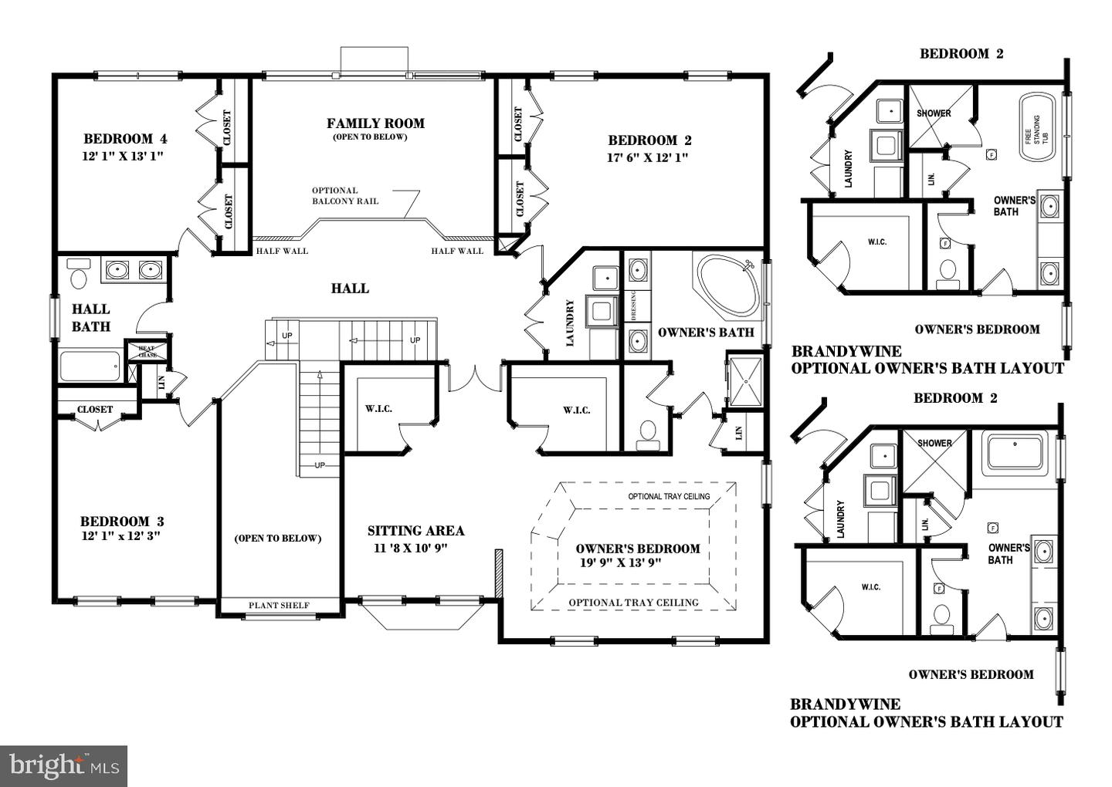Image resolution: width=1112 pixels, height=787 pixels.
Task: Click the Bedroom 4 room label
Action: tap(125, 139)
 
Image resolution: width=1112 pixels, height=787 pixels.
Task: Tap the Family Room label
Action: tap(375, 123)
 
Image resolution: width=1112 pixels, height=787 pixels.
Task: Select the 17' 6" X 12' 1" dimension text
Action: tap(647, 157)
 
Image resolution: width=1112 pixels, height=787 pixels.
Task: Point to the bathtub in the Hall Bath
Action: tap(90, 366)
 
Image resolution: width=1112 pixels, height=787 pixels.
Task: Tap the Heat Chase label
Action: tap(147, 352)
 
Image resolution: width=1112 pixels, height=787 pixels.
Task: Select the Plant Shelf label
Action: tap(279, 606)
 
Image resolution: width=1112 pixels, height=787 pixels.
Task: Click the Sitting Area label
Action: tap(415, 531)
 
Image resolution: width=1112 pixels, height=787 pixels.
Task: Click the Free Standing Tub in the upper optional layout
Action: tap(1038, 128)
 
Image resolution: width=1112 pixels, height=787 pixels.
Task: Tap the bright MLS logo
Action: tap(63, 765)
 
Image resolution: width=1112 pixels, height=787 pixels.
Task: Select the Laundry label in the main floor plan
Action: tap(570, 323)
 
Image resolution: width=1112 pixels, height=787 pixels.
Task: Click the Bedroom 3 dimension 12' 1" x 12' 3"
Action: tap(120, 535)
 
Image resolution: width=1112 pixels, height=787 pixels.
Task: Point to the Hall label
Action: tap(350, 288)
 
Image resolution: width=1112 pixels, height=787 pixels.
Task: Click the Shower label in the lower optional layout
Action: tap(934, 443)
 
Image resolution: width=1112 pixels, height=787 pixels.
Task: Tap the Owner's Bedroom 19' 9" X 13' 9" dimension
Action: tap(620, 562)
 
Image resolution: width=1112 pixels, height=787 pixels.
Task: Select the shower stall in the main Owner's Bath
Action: tap(745, 380)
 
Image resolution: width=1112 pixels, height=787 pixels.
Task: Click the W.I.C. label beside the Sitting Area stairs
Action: tap(378, 408)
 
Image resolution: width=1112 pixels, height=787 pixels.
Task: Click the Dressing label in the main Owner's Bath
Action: tap(634, 306)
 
